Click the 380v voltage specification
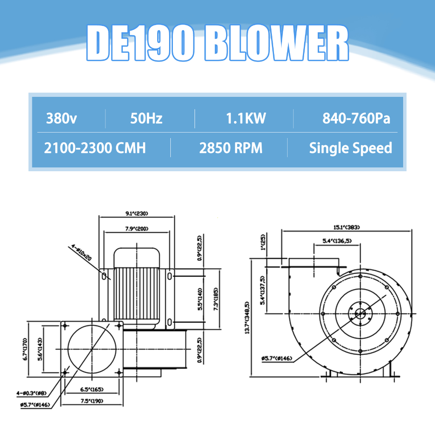coord(61,119)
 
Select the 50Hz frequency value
coord(146,119)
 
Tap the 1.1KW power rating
coord(246,119)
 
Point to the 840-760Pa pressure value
coord(356,119)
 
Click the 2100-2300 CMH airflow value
coord(95,148)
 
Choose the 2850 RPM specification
coord(231,148)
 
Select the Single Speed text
coord(350,148)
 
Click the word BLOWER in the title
coord(277,43)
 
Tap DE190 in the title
coord(140,43)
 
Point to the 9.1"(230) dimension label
coord(137,213)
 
